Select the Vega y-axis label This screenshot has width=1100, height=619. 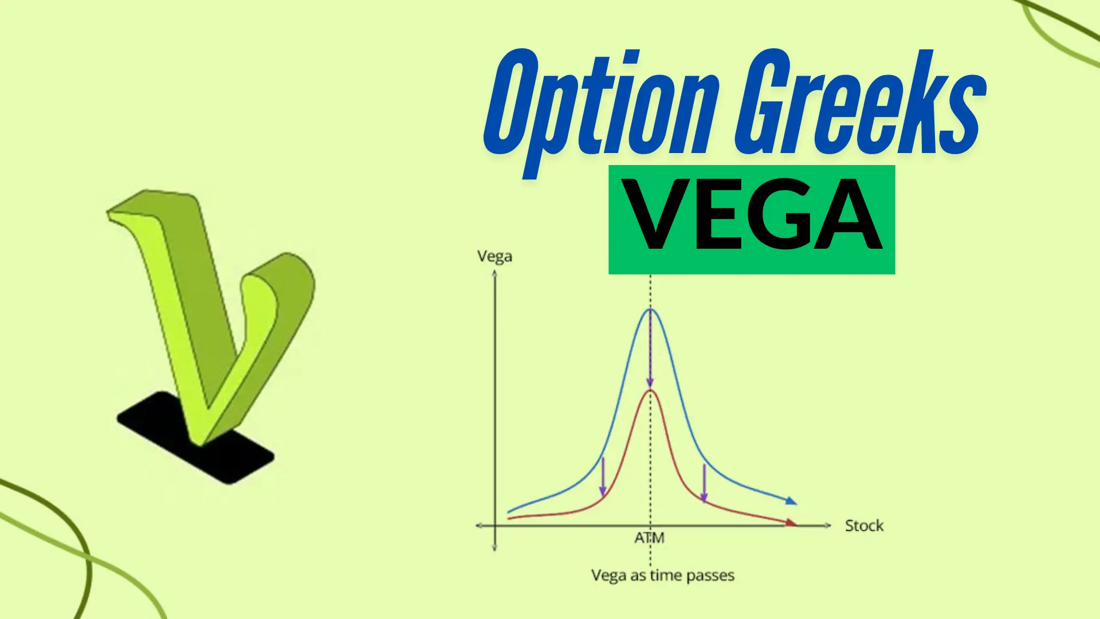[x=494, y=257]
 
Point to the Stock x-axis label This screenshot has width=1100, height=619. [x=864, y=526]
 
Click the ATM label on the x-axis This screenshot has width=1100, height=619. [x=649, y=538]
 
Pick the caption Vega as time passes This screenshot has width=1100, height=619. [x=662, y=575]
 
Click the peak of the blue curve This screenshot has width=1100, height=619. [x=650, y=310]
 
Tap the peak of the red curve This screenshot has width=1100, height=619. [x=650, y=391]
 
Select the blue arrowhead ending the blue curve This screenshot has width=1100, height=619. [x=791, y=501]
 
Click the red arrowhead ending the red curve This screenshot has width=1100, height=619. [x=791, y=522]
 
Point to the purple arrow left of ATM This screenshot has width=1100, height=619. [x=603, y=477]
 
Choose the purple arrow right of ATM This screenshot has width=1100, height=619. [x=704, y=483]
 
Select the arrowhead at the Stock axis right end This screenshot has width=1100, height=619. [x=827, y=525]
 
